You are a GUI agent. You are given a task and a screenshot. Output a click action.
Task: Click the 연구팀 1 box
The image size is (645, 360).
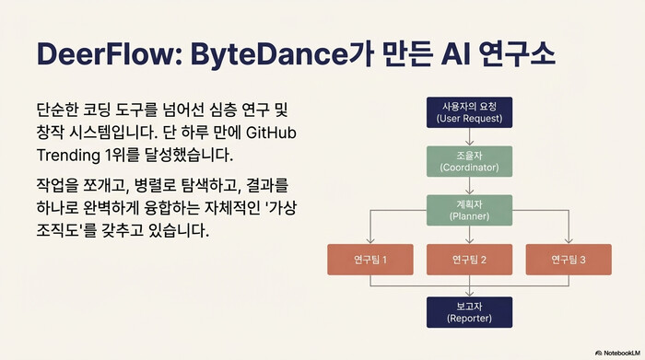coord(370,260)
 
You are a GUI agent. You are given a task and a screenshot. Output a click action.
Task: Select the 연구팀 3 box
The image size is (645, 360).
coord(569,260)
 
